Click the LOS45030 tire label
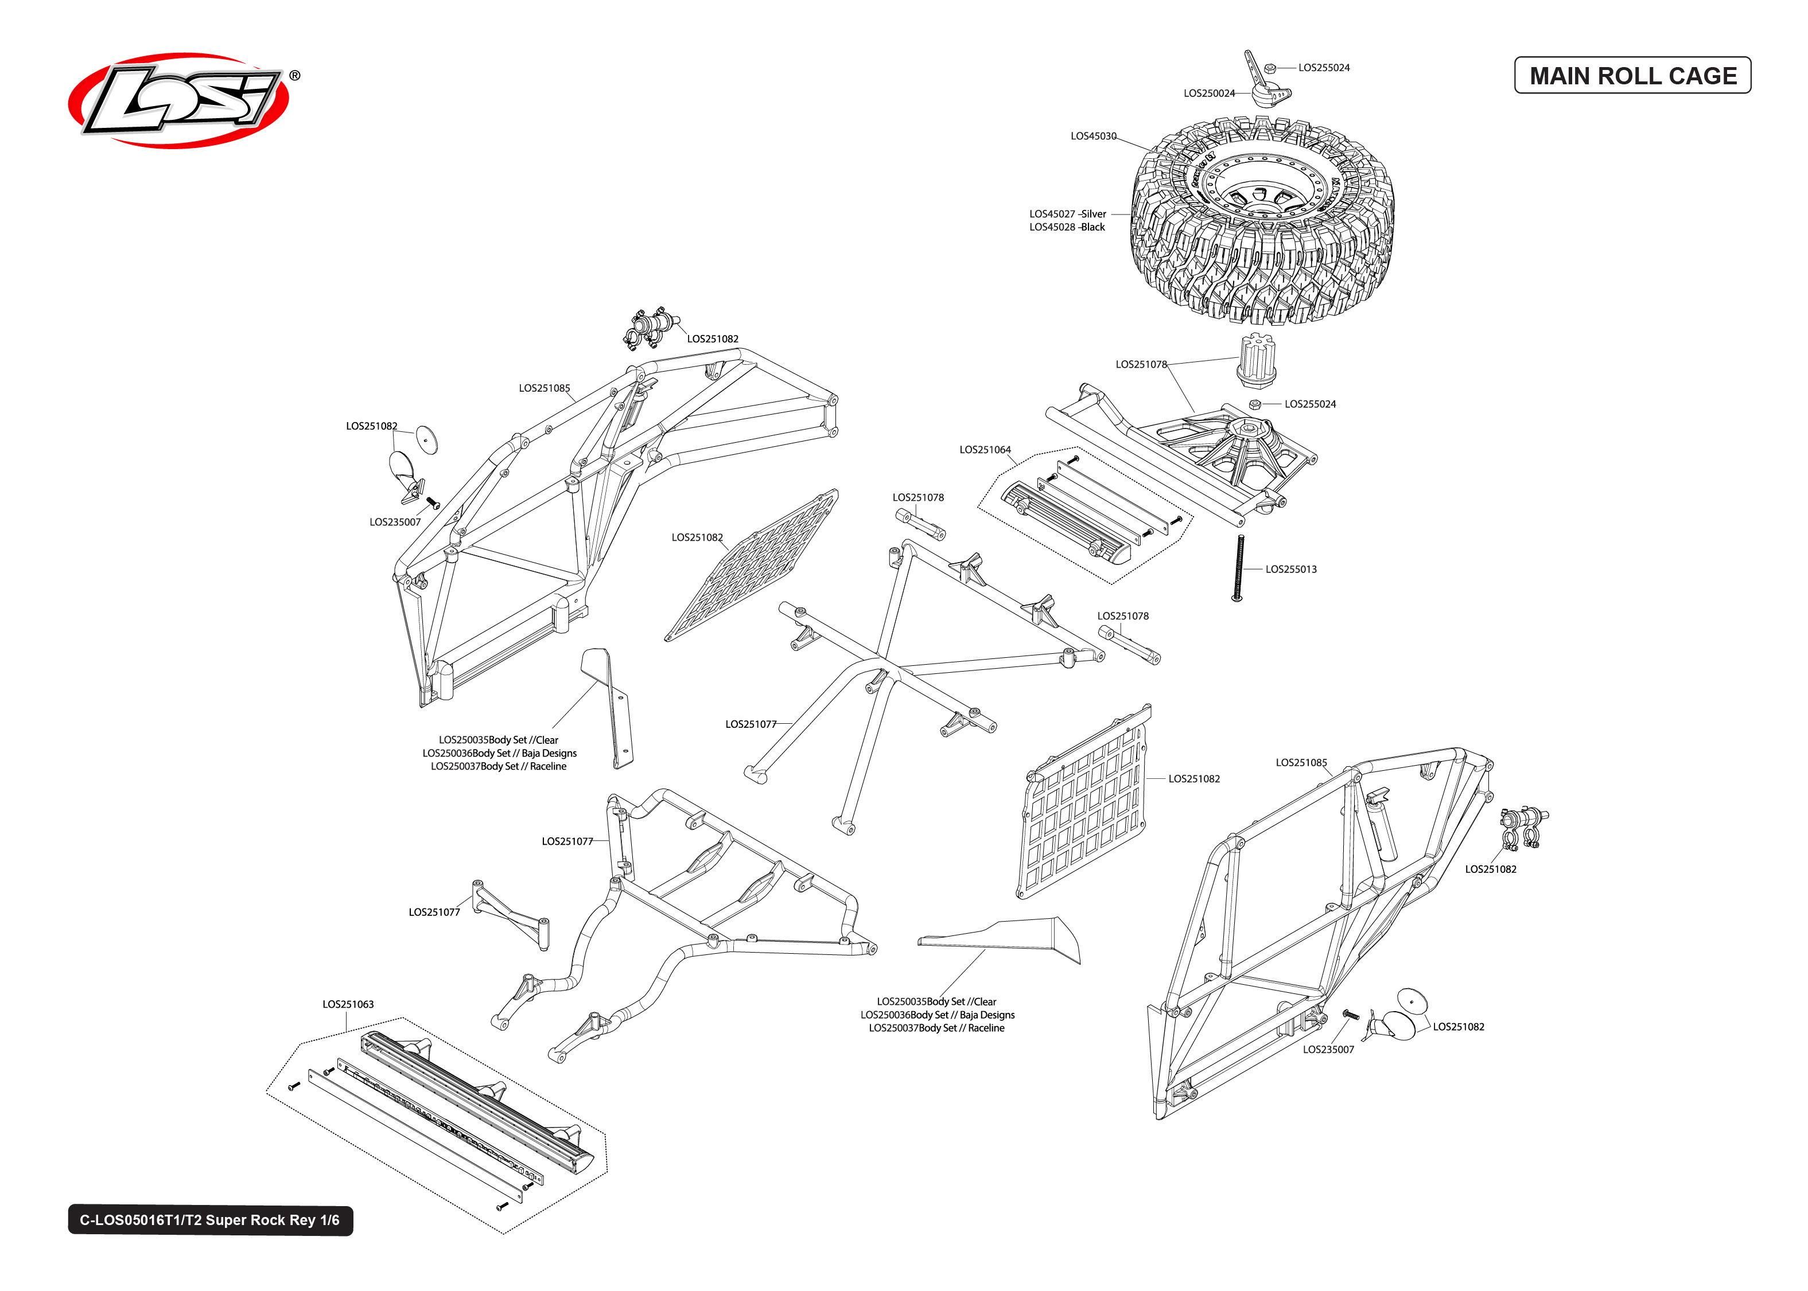tap(1092, 136)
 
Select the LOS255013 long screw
tap(1238, 568)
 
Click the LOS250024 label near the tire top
tap(1208, 93)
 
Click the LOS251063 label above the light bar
tap(348, 1004)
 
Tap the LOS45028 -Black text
tap(1067, 227)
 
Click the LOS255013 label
tap(1290, 569)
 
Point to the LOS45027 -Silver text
tap(1067, 214)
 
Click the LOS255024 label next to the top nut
tap(1323, 68)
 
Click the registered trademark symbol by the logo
tap(294, 76)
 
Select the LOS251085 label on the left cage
tap(544, 388)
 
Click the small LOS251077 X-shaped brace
tap(511, 914)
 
